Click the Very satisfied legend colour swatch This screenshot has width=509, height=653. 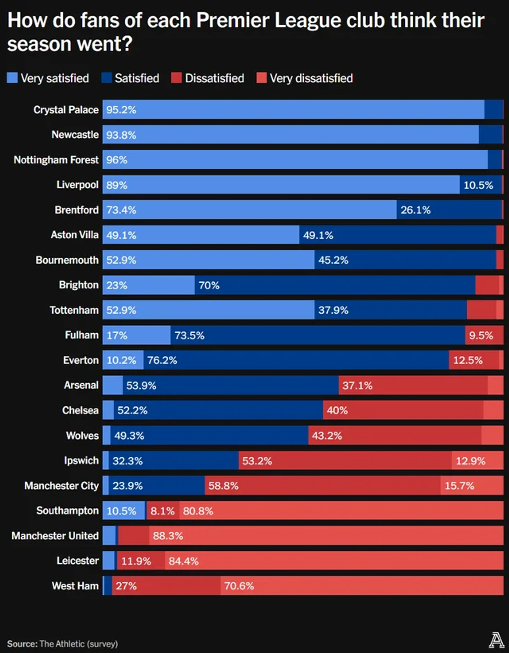point(12,78)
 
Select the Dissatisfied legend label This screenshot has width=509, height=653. point(214,78)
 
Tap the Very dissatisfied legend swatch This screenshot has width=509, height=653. point(261,78)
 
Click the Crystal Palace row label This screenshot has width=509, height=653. point(66,110)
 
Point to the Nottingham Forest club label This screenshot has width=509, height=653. point(56,160)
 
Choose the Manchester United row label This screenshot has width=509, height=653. point(55,536)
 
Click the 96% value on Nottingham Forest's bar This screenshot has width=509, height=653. point(117,160)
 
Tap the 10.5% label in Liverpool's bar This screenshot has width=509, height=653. point(478,185)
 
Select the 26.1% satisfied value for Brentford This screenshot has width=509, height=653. point(415,210)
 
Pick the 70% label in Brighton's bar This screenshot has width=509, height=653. point(209,285)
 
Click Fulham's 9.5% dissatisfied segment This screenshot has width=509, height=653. point(481,335)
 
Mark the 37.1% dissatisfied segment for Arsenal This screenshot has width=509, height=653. point(357,385)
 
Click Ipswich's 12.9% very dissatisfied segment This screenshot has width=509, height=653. point(471,461)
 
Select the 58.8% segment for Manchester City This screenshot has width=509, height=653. point(223,485)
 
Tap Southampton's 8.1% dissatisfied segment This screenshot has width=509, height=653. point(162,511)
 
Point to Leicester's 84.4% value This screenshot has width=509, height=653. point(184,561)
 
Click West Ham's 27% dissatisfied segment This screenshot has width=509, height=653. point(126,586)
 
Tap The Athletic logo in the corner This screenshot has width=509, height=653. point(496,640)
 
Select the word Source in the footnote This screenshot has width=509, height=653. point(22,644)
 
